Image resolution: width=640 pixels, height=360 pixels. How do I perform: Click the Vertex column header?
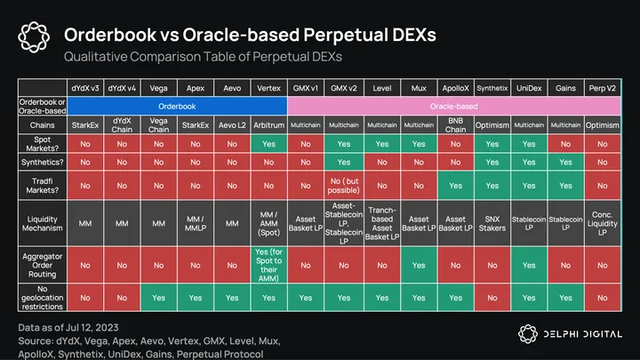click(268, 89)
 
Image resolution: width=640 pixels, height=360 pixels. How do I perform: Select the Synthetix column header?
click(492, 89)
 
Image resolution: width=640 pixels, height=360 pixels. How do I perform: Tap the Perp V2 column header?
click(603, 89)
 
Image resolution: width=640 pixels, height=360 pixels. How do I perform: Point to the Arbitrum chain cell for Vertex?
click(268, 125)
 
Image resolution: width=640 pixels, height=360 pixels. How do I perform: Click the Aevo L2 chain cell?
click(231, 125)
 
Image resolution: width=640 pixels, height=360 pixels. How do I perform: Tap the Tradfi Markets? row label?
click(43, 185)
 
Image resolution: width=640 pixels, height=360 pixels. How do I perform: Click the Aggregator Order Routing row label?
click(43, 265)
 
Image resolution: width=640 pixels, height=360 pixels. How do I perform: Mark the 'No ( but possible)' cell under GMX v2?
click(342, 185)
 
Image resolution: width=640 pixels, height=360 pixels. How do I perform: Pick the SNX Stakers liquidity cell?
click(492, 225)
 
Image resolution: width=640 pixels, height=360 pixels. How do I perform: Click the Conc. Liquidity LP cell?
click(603, 225)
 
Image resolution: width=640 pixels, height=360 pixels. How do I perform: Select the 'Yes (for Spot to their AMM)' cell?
click(268, 265)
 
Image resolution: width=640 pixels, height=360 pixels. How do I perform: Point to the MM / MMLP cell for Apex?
click(195, 225)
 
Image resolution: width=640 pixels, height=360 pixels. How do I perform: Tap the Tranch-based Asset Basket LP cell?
click(380, 225)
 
